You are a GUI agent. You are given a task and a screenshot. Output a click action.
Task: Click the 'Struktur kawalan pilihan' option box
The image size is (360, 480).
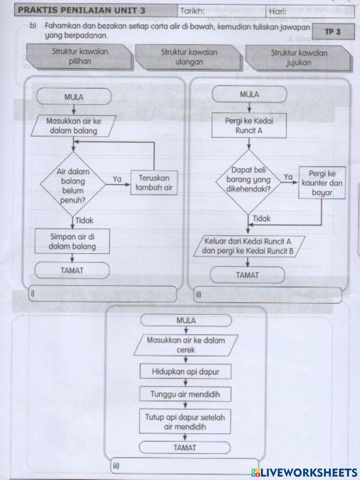click(80, 56)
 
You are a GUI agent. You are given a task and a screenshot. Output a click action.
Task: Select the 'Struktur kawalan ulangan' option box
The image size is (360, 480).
click(189, 57)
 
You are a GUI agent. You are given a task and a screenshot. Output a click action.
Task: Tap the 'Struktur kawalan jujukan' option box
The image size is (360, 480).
click(299, 58)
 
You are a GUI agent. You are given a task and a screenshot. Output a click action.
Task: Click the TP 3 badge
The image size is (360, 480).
click(332, 32)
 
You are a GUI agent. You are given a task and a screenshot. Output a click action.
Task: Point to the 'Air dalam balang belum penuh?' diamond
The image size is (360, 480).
click(73, 186)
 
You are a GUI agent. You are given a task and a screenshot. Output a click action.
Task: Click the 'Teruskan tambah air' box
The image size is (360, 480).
click(154, 183)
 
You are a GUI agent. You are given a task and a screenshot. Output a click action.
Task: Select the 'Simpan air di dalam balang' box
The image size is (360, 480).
click(72, 242)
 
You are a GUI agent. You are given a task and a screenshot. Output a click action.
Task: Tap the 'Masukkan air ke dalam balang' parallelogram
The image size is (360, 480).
click(73, 126)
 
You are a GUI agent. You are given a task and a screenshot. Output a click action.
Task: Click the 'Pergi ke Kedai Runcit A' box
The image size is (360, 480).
click(249, 126)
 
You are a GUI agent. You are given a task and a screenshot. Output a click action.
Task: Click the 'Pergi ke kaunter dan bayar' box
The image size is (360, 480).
click(321, 183)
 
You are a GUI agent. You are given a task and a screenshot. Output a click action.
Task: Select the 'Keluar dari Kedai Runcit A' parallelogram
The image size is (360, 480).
click(248, 246)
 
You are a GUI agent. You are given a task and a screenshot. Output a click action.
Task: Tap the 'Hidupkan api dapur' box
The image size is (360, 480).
click(185, 372)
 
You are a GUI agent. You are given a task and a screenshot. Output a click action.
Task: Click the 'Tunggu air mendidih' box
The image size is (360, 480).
click(185, 394)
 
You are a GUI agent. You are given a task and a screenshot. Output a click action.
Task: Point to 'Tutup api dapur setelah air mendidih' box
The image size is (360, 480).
click(185, 422)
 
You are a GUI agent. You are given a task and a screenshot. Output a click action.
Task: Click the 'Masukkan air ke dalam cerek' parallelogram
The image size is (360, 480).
click(185, 345)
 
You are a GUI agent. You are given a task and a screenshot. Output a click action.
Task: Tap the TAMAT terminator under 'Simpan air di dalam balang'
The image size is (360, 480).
click(72, 271)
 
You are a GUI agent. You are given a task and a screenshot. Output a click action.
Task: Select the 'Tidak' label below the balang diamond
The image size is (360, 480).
click(84, 221)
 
